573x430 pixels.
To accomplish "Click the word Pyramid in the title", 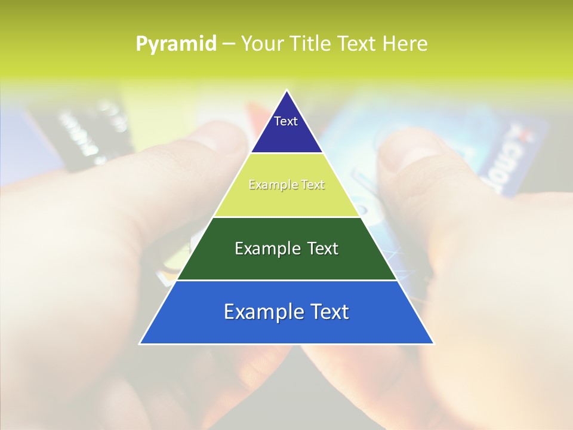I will pyautogui.click(x=176, y=44).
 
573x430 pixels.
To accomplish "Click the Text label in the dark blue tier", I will pyautogui.click(x=286, y=121).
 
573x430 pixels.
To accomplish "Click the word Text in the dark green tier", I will pyautogui.click(x=323, y=248).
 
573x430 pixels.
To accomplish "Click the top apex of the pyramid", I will pyautogui.click(x=286, y=91).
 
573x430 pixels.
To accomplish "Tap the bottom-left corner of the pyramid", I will pyautogui.click(x=140, y=343).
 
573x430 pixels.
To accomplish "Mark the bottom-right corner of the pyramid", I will pyautogui.click(x=433, y=343).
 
